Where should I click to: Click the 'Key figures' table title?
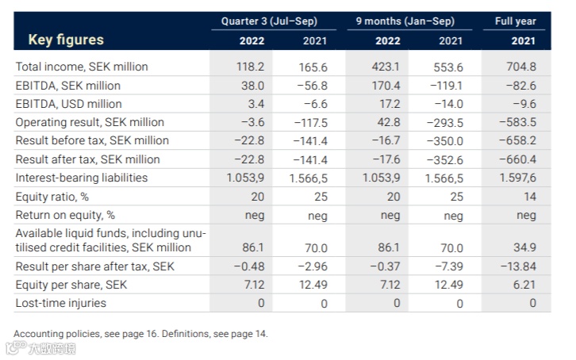click(66, 40)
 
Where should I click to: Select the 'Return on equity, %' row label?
click(65, 215)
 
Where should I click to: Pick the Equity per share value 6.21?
click(524, 284)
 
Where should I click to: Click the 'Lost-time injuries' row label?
click(60, 303)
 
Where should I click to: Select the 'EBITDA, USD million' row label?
click(68, 104)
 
